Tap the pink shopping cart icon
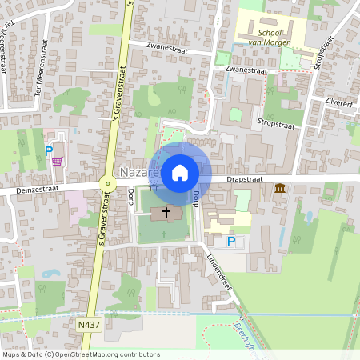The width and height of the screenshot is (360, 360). pos(57,161)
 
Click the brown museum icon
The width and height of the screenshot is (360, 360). pos(280,188)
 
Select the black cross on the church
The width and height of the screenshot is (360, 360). pos(166,213)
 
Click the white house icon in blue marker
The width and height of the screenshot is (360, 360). pos(180,171)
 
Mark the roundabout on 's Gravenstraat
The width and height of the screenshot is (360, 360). pos(106,185)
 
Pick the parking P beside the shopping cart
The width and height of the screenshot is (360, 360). pos(48,150)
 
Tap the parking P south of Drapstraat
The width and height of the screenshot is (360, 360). pos(231,242)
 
